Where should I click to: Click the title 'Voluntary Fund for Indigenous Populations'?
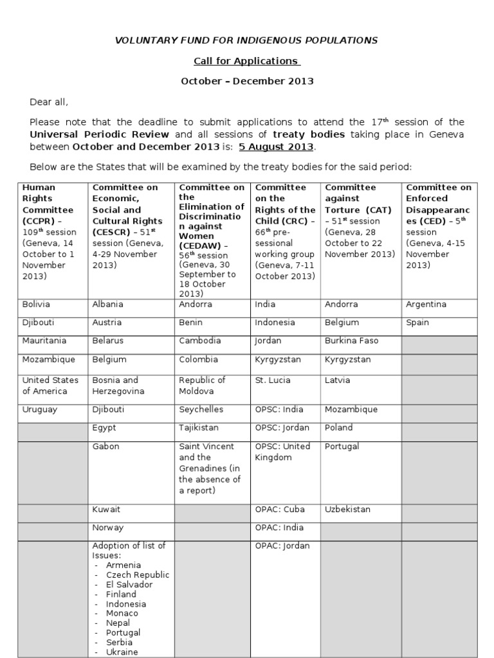[x=246, y=40]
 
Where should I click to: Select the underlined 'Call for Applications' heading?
[x=247, y=61]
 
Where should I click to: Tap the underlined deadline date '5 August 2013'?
[x=276, y=147]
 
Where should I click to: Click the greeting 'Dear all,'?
[x=49, y=102]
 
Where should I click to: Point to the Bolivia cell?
[x=36, y=305]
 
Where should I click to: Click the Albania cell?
[x=107, y=305]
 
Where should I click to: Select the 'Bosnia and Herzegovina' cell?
[x=118, y=386]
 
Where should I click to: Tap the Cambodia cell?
[x=199, y=341]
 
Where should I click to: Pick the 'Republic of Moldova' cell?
[x=202, y=386]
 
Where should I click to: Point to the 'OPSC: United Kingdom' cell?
[x=282, y=452]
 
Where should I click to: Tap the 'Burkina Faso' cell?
[x=351, y=341]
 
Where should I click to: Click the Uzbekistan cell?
[x=347, y=510]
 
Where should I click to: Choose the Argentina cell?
[x=426, y=305]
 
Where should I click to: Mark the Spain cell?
[x=417, y=323]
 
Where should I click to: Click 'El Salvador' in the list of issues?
[x=129, y=585]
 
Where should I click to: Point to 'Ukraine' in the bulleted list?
[x=122, y=652]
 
